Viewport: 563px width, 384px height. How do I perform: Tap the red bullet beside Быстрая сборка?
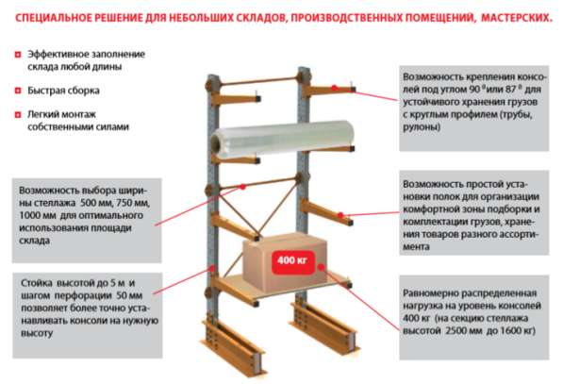coord(19,91)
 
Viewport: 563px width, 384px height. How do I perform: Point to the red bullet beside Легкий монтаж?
coord(19,114)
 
